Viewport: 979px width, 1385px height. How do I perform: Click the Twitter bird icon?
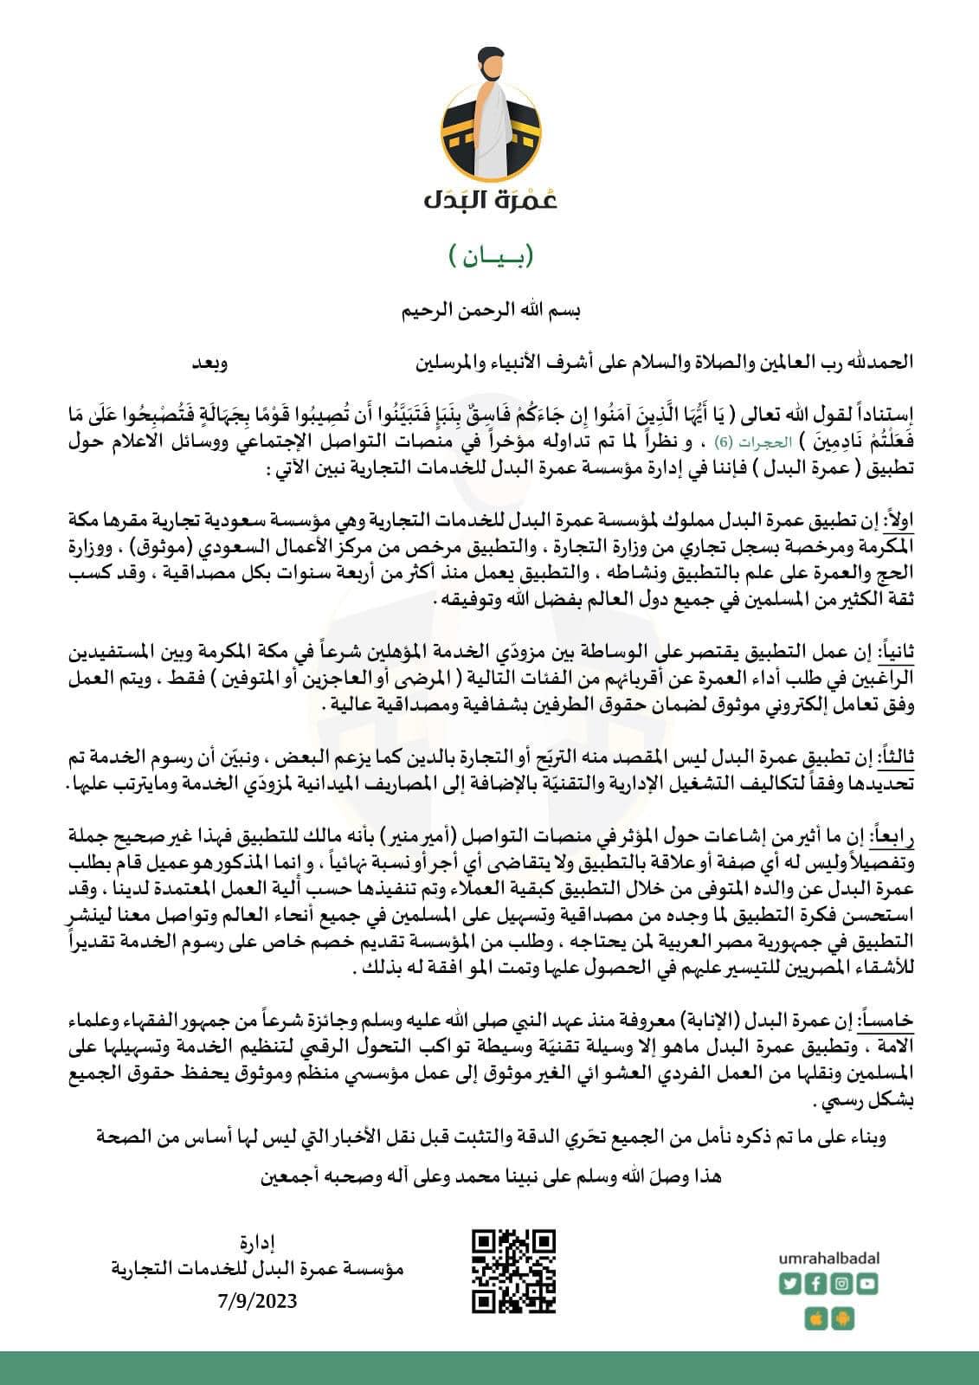pyautogui.click(x=791, y=1284)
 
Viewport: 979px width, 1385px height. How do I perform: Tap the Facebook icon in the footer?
pyautogui.click(x=815, y=1284)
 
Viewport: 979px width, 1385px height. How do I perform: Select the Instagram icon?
pyautogui.click(x=841, y=1284)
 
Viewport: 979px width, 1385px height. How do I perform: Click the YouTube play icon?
pyautogui.click(x=866, y=1284)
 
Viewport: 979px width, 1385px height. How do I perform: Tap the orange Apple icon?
pyautogui.click(x=815, y=1318)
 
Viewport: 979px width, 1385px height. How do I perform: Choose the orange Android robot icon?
pyautogui.click(x=841, y=1318)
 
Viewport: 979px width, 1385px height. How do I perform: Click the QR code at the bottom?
pyautogui.click(x=513, y=1270)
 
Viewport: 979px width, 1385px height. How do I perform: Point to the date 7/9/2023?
pyautogui.click(x=259, y=1300)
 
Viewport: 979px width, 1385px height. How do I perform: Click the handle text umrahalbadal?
pyautogui.click(x=828, y=1257)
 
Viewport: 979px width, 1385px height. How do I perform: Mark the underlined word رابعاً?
pyautogui.click(x=895, y=836)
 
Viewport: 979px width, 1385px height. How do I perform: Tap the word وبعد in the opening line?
pyautogui.click(x=210, y=362)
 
